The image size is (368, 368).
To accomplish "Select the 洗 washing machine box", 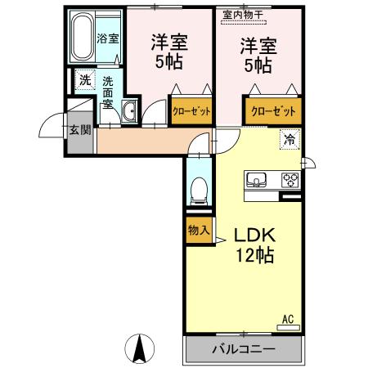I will coord(84,80).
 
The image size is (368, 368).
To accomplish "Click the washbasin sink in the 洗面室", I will coord(128,112).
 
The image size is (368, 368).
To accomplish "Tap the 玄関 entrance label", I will coord(79,129).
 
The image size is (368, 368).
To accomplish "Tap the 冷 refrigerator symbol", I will coord(289,138).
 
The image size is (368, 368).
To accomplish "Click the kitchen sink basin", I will coord(254,180).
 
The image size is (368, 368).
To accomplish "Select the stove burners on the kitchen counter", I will coord(289,179).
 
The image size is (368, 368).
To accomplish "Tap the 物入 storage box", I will coord(197,230).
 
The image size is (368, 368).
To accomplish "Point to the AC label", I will coord(287,318).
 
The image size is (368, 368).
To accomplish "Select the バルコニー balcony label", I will coord(244,349).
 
